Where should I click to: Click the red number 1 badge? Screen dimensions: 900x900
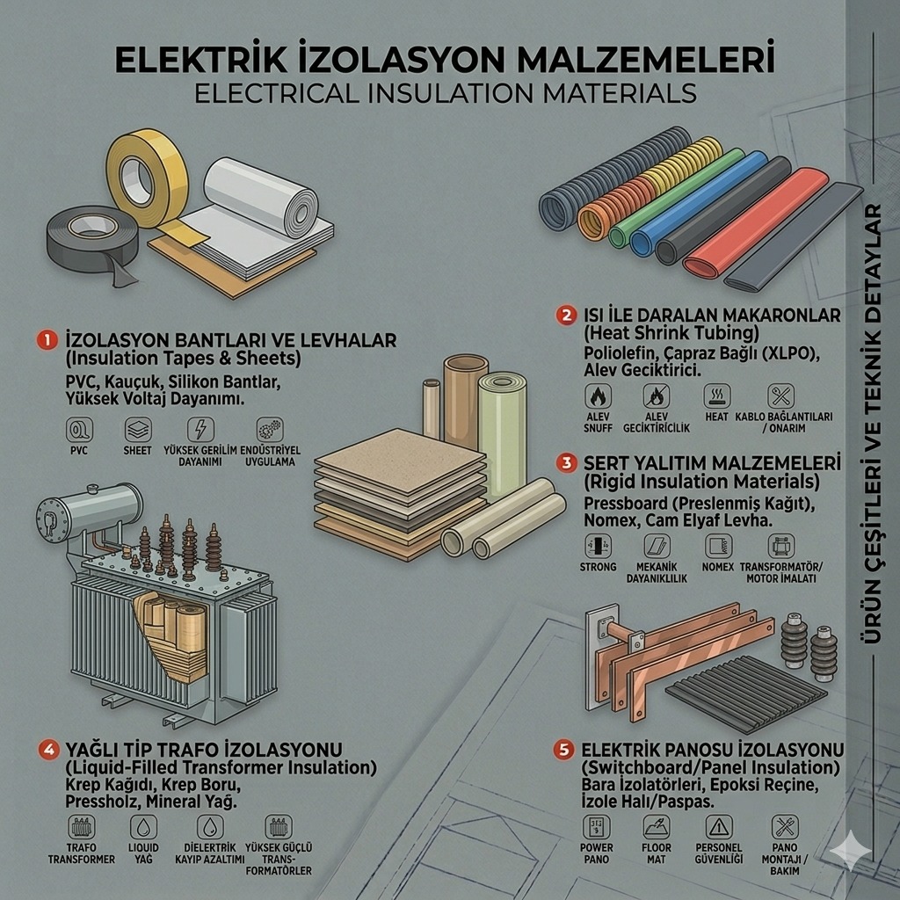click(47, 340)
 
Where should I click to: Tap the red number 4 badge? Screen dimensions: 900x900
click(48, 749)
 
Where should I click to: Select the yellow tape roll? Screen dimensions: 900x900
click(147, 178)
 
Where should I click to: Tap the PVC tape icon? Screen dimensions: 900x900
click(78, 429)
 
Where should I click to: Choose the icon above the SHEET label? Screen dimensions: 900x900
click(138, 429)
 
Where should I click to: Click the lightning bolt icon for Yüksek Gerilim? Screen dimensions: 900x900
click(200, 429)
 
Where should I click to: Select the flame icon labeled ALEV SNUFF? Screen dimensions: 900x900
click(598, 396)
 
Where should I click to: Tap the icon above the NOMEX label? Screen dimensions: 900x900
click(718, 546)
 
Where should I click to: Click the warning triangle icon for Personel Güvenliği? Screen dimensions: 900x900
click(718, 827)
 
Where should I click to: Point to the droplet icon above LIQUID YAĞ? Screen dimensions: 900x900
click(143, 827)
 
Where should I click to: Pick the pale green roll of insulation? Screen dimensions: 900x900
click(502, 433)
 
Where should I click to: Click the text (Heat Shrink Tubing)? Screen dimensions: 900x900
click(671, 332)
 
